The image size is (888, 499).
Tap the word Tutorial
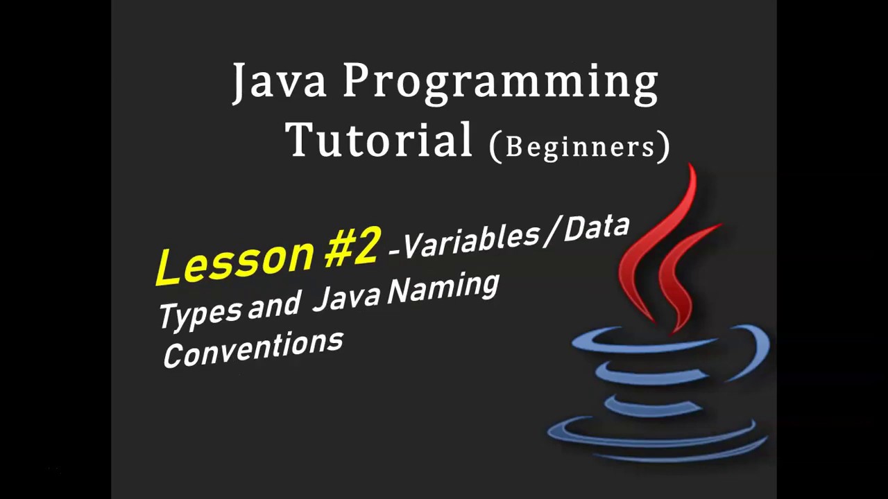[x=379, y=140]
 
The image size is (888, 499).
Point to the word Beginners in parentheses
[x=580, y=146]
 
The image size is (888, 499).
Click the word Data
[x=596, y=228]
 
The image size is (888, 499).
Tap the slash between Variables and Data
[x=552, y=231]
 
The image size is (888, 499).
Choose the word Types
[x=200, y=313]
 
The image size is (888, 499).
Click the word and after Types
[x=274, y=305]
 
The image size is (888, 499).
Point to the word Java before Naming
[x=346, y=296]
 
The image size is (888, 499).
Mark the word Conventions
[x=253, y=349]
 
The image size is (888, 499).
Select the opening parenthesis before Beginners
[x=495, y=147]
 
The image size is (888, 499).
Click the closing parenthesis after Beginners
[x=664, y=146]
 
